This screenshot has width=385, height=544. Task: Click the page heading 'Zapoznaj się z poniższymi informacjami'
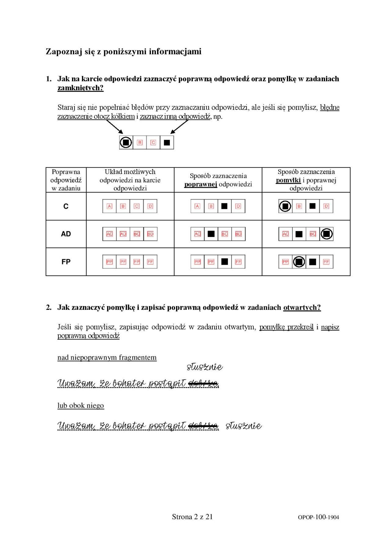123,52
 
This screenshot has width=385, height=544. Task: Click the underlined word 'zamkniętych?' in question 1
80,88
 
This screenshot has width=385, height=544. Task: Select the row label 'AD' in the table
66,234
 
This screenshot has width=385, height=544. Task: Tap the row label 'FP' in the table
66,262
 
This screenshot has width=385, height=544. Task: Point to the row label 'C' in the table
66,206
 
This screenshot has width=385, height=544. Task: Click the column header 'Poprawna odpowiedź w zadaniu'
66,180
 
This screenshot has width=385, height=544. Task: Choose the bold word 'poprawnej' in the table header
200,184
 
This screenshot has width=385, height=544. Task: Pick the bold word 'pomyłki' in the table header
288,180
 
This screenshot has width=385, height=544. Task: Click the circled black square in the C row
285,206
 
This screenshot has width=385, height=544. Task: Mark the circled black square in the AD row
326,234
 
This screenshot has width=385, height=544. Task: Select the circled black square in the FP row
299,262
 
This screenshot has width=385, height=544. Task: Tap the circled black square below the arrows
126,143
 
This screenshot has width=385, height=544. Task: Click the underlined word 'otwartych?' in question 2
302,307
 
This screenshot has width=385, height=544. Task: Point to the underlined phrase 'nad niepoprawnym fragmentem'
107,357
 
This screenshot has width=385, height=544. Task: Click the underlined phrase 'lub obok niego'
81,405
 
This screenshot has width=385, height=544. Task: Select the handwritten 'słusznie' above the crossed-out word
205,367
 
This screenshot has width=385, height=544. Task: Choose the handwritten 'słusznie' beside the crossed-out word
244,426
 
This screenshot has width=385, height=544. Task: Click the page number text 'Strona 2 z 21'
192,517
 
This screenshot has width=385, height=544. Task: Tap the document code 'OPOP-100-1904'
318,517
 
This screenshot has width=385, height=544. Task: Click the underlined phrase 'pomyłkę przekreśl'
286,327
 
